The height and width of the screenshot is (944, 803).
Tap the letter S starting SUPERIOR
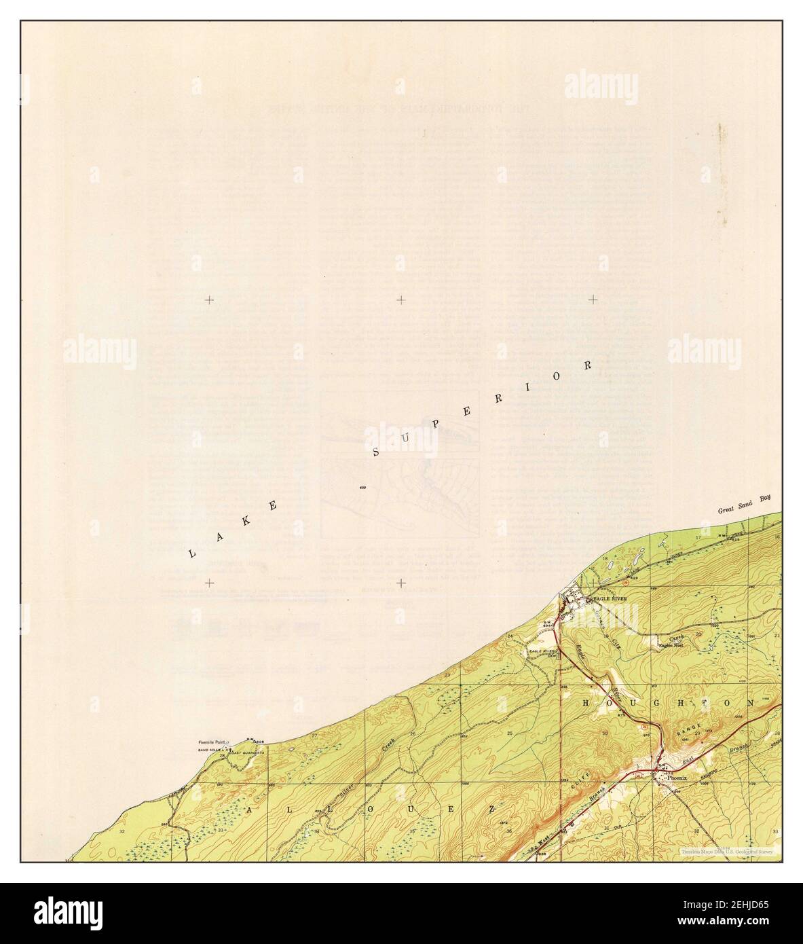tap(377, 451)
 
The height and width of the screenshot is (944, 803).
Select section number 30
tap(605, 733)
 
